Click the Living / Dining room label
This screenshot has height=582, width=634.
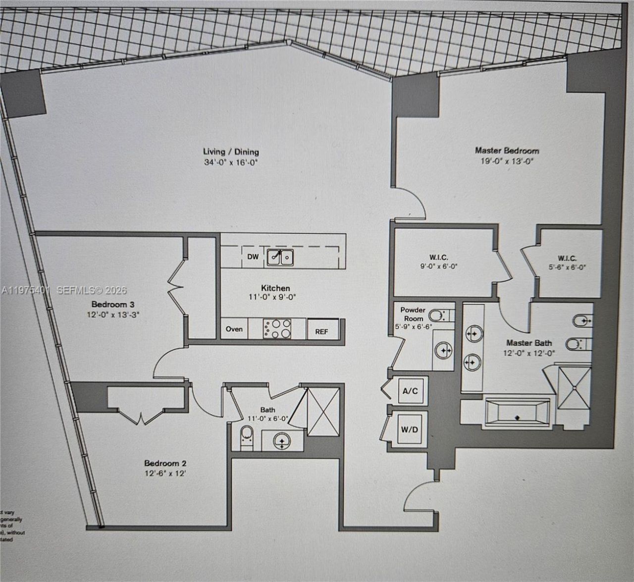[231, 152]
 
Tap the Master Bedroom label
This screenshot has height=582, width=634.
[507, 150]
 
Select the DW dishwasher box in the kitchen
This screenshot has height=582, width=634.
[253, 257]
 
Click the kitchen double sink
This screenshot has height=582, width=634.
[280, 257]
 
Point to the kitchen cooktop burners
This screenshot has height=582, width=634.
[277, 328]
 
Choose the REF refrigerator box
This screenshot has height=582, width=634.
[321, 331]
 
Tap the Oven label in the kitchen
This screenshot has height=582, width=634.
[234, 329]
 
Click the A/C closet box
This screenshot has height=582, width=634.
[410, 391]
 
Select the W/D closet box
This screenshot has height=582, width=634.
[409, 429]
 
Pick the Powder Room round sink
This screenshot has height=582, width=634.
[443, 351]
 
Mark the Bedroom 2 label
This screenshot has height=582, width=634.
[165, 463]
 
